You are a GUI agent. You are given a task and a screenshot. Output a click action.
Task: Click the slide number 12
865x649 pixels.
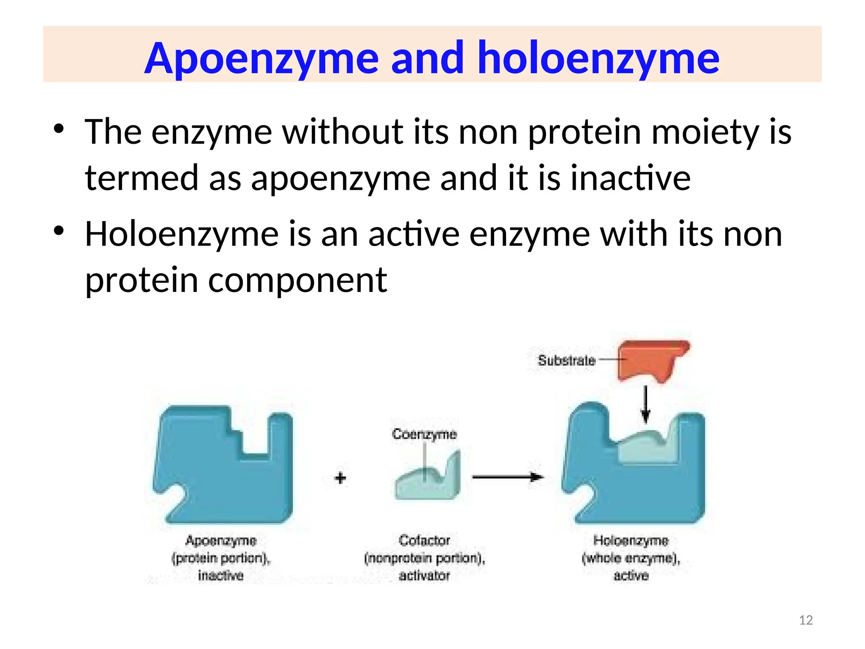tap(806, 620)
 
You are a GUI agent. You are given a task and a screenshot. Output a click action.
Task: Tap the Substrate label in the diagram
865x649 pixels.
tap(566, 360)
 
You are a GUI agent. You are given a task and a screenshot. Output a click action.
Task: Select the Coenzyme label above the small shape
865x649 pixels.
tap(424, 434)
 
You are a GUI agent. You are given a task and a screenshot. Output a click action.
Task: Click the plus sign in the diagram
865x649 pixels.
tap(340, 478)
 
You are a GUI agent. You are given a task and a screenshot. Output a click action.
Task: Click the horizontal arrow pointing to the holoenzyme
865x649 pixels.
tap(507, 477)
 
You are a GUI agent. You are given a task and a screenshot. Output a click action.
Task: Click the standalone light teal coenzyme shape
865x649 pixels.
tap(429, 482)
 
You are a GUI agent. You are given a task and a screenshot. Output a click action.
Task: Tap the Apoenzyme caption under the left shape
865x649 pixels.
tap(221, 540)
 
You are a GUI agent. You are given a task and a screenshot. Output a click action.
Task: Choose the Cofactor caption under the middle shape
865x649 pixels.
tap(424, 540)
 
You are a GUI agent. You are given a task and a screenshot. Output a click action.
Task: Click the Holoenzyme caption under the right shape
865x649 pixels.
tap(631, 540)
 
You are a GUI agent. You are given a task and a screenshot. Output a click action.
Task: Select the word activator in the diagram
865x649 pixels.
tap(424, 575)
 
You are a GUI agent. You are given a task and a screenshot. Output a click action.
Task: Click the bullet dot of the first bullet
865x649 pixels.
tap(59, 128)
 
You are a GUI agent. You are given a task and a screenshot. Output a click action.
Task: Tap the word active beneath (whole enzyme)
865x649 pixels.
tap(631, 575)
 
